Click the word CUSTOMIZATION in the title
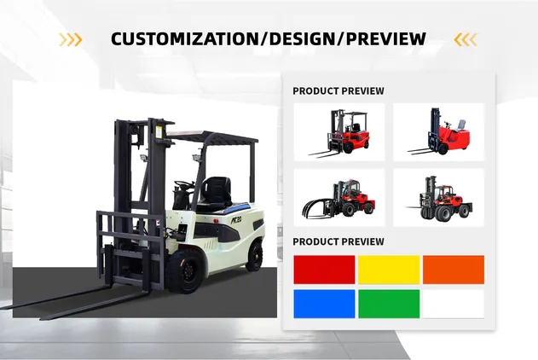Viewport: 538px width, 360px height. pyautogui.click(x=179, y=39)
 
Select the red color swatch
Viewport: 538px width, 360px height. pyautogui.click(x=324, y=270)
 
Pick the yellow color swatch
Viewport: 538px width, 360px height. pyautogui.click(x=389, y=270)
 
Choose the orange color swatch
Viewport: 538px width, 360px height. pyautogui.click(x=454, y=270)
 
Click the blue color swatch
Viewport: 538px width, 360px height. pyautogui.click(x=324, y=304)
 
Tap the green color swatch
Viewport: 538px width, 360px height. pyautogui.click(x=389, y=304)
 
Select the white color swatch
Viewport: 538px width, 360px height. pyautogui.click(x=454, y=304)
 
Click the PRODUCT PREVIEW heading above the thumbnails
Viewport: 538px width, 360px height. pyautogui.click(x=338, y=91)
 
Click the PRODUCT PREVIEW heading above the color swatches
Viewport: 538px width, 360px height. pyautogui.click(x=338, y=242)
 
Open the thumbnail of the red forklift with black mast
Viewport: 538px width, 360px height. pyautogui.click(x=338, y=132)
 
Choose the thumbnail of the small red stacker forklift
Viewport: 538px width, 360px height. pyautogui.click(x=438, y=132)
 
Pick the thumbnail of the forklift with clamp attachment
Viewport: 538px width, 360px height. pyautogui.click(x=338, y=197)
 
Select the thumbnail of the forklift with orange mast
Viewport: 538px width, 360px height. pyautogui.click(x=438, y=197)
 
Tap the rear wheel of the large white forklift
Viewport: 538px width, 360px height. pyautogui.click(x=253, y=256)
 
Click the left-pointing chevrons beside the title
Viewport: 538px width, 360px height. pyautogui.click(x=466, y=39)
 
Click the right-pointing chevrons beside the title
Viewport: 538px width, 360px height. pyautogui.click(x=70, y=39)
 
